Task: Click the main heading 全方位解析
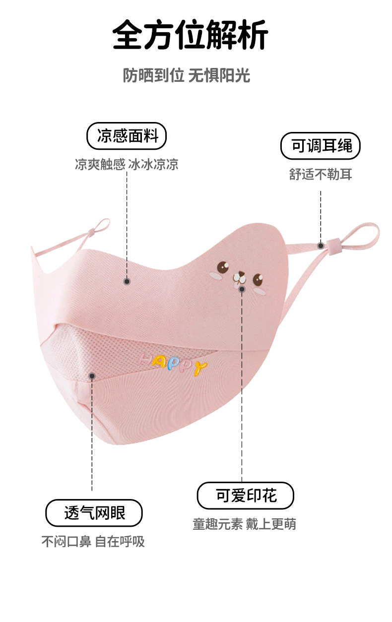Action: [x=191, y=35]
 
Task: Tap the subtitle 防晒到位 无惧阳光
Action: [x=186, y=76]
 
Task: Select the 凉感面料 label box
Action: [x=127, y=136]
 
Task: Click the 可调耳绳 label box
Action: [x=321, y=146]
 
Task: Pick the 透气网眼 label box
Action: [x=94, y=512]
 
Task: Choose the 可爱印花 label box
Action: [x=246, y=495]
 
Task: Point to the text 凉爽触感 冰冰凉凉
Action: [x=127, y=164]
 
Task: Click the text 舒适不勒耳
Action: [x=321, y=174]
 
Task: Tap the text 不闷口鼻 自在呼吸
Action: [x=93, y=541]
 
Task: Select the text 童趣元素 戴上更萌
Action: [x=245, y=524]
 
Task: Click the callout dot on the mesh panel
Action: [x=92, y=376]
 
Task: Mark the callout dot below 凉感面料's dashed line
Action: [x=127, y=281]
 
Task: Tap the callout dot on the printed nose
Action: [x=242, y=289]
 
